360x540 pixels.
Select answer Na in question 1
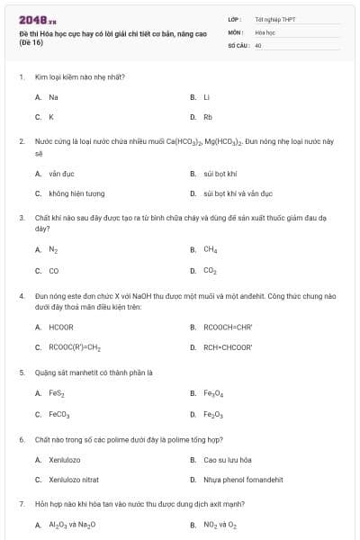pyautogui.click(x=53, y=96)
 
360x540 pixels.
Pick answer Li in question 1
pyautogui.click(x=206, y=96)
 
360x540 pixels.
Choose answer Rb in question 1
pyautogui.click(x=207, y=117)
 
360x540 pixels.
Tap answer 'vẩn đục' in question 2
pyautogui.click(x=59, y=173)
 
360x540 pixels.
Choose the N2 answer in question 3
pyautogui.click(x=53, y=249)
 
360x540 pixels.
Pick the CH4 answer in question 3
pyautogui.click(x=210, y=249)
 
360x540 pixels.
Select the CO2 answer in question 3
pyautogui.click(x=210, y=270)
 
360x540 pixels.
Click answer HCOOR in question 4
pyautogui.click(x=61, y=327)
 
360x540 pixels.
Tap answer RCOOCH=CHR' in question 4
pyautogui.click(x=228, y=327)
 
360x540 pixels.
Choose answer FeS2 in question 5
pyautogui.click(x=56, y=393)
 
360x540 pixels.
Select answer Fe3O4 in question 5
pyautogui.click(x=212, y=393)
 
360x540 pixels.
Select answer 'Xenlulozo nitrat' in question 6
pyautogui.click(x=73, y=480)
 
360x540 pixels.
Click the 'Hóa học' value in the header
pyautogui.click(x=265, y=31)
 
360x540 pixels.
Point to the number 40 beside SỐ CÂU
pyautogui.click(x=258, y=44)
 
